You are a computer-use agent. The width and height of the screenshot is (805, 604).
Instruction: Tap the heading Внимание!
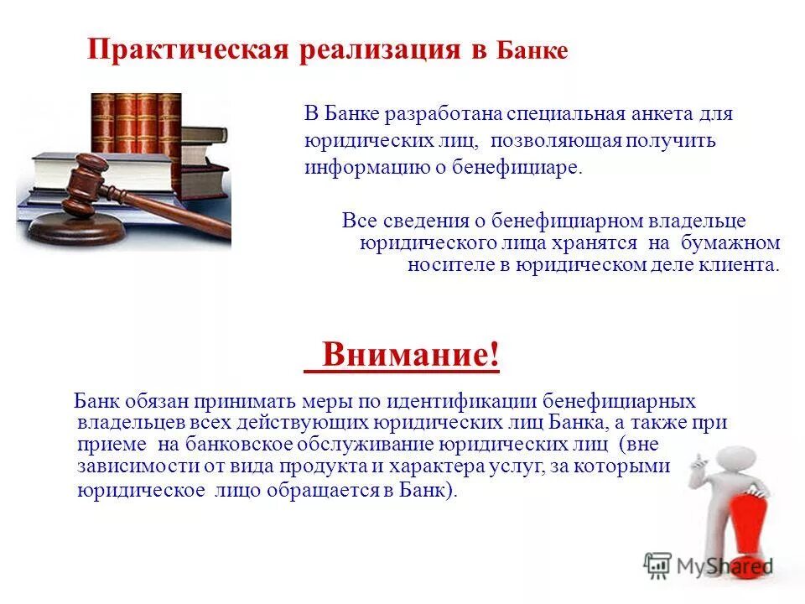[x=410, y=355]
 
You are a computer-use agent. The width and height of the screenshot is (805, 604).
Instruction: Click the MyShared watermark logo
[x=709, y=565]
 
